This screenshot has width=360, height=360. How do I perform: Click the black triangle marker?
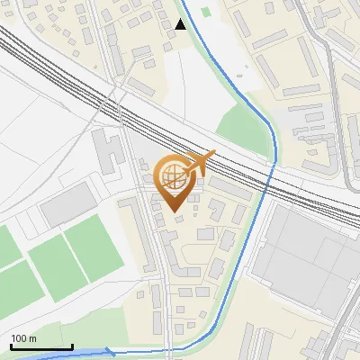181,24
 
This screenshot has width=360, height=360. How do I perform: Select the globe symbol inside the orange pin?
173,176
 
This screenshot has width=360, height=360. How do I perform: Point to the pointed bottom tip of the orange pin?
173,211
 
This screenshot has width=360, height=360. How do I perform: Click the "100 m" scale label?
23,338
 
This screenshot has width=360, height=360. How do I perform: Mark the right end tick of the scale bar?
72,346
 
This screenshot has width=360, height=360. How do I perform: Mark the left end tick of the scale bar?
11,346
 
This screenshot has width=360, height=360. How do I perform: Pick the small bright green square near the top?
206,13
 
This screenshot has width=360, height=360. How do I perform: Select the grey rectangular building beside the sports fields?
67,205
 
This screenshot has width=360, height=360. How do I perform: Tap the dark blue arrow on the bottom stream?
110,352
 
